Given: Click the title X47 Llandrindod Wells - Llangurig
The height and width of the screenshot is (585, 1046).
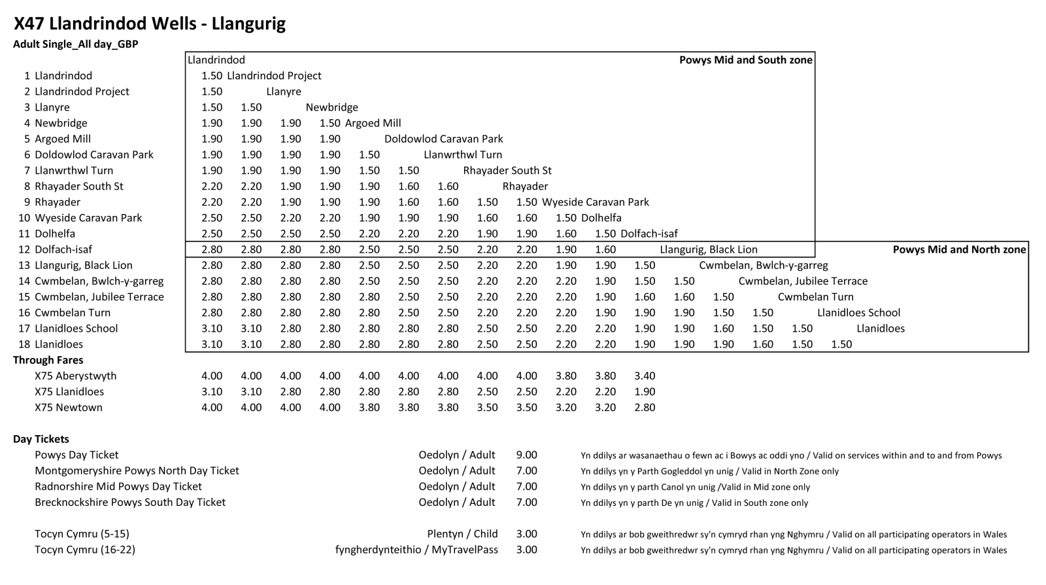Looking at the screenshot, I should point(150,24).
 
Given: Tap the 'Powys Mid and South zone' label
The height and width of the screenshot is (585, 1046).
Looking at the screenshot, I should point(745,60).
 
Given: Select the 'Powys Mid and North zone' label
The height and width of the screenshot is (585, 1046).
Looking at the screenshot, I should point(959,249).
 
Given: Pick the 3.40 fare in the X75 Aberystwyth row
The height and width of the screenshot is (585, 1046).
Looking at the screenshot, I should point(645,376).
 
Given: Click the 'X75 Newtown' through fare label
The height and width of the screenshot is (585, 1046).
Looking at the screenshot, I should point(69,408).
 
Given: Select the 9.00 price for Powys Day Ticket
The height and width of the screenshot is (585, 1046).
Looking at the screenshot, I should point(526,455).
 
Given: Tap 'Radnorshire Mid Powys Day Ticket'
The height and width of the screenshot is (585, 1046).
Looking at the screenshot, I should point(118,487).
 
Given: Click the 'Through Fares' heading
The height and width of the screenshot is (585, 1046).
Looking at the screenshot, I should point(48,360).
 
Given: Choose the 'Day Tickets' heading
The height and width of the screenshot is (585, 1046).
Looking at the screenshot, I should point(41,439).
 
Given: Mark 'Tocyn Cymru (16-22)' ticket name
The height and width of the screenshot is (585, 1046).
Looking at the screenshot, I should point(85,550).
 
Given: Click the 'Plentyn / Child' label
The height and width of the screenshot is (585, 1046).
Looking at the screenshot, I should point(462,534).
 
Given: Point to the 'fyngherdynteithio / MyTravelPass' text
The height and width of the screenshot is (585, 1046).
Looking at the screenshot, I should point(416,550).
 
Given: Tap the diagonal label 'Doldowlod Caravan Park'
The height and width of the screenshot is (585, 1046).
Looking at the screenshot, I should point(444,139).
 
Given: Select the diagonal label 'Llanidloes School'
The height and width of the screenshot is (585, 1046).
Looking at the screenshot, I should point(858,313).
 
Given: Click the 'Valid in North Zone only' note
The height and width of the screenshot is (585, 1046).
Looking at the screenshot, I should point(709,471).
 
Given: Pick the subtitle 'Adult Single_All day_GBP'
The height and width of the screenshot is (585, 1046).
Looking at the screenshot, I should point(76,44).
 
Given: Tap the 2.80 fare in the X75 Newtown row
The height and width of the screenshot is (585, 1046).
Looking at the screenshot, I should point(645,408).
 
